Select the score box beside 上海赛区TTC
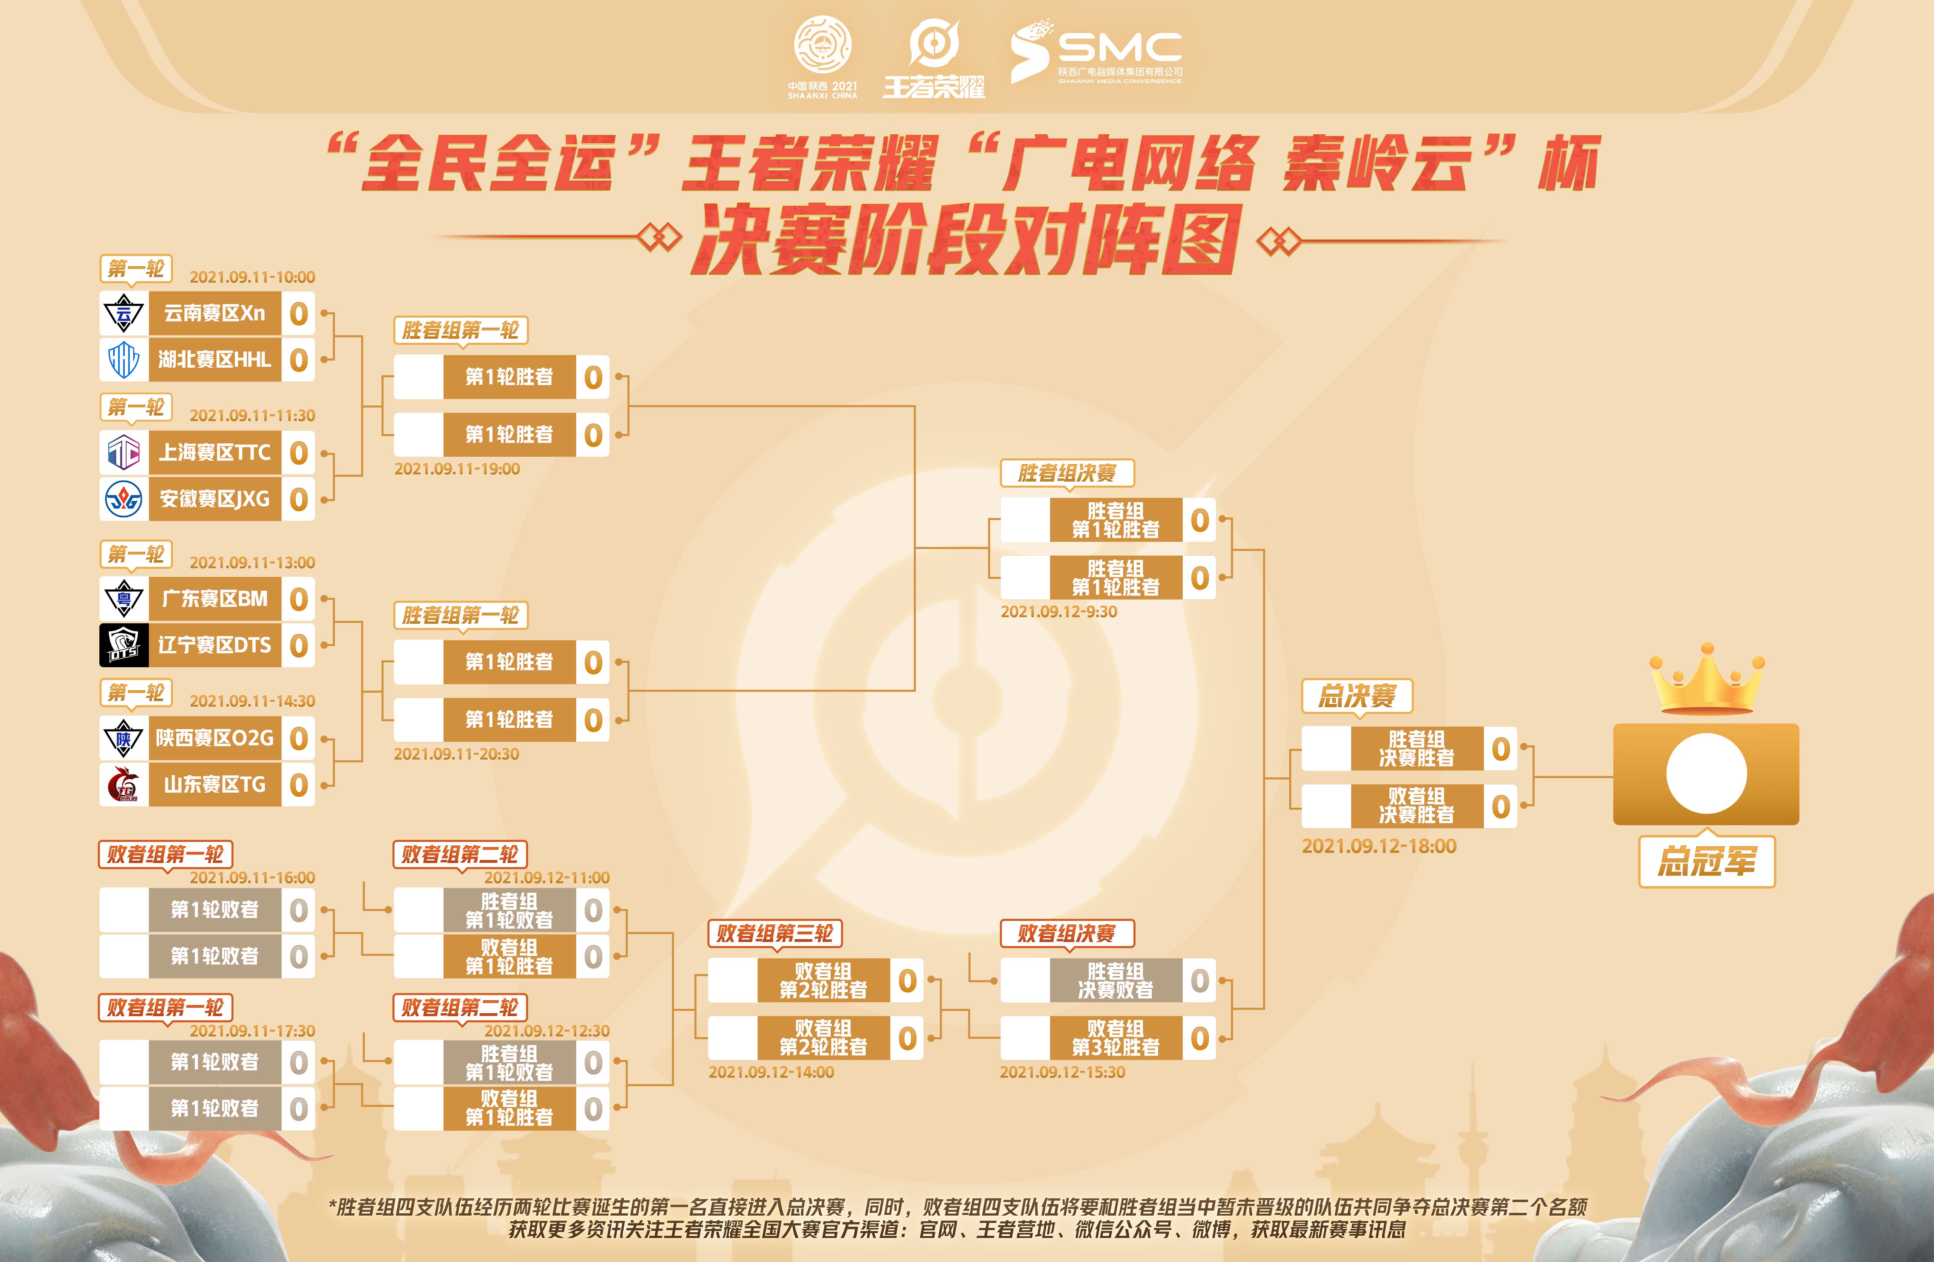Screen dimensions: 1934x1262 (298, 453)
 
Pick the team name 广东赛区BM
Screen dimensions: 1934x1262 (214, 599)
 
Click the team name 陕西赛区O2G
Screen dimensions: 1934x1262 (214, 738)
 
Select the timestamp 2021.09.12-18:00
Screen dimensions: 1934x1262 (1379, 846)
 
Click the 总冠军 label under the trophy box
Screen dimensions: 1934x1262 (1706, 861)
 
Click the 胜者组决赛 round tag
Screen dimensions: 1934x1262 (1067, 473)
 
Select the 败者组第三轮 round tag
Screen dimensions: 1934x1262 (774, 933)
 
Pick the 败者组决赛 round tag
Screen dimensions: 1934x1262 (1067, 933)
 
